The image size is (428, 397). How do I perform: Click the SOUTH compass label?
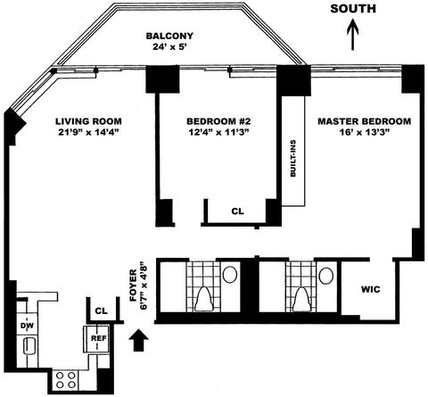point(353,9)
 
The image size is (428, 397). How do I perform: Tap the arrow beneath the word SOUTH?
point(353,35)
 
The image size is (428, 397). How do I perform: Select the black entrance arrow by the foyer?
point(139,341)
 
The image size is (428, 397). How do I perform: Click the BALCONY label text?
point(169,36)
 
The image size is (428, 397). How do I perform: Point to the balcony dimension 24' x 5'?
point(169,46)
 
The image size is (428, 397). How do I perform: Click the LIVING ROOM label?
point(88,121)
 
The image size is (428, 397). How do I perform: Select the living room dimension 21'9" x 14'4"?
point(88,132)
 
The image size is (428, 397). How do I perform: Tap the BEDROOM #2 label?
point(218,121)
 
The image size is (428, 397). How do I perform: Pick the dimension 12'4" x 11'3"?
point(218,132)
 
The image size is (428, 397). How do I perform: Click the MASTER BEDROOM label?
point(365,121)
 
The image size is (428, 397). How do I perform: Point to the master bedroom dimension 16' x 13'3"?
point(365,132)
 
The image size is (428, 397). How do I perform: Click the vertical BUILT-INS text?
point(293,159)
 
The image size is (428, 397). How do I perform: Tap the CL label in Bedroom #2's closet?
point(237,211)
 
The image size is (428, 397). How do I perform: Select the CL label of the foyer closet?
point(101,310)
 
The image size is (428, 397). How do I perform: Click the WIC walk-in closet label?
point(370,289)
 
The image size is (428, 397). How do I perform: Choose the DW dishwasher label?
point(27,326)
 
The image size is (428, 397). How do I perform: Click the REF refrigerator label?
point(99,338)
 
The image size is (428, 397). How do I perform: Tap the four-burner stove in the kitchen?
point(65,380)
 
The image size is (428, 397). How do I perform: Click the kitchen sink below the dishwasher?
point(29,346)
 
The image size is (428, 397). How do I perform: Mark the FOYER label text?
point(133,285)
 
